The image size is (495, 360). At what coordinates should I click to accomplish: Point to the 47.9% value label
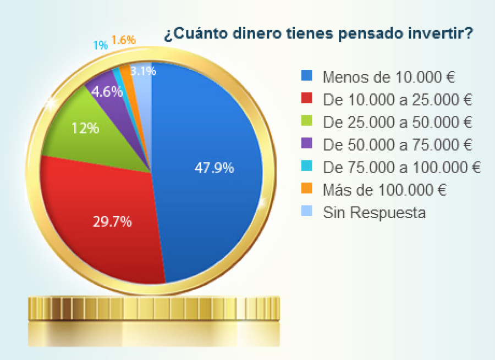tap(215, 168)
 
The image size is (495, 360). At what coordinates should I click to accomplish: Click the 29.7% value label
tap(112, 222)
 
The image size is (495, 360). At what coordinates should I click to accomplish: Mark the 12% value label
tap(85, 129)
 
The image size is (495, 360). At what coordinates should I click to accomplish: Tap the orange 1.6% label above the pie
tap(123, 40)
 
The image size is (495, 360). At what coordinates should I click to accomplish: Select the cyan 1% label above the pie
tap(100, 46)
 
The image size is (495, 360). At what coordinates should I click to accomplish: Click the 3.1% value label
tap(144, 71)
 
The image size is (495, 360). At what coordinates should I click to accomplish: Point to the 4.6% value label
tap(107, 92)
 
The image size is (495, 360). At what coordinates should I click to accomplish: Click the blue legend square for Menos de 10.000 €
tap(306, 76)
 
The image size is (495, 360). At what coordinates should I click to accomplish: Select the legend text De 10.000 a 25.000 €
tap(398, 99)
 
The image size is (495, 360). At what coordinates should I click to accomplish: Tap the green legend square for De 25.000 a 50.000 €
tap(306, 121)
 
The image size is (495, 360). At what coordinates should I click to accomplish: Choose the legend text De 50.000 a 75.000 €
tap(398, 145)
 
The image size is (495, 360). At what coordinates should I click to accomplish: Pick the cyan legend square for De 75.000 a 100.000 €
tap(306, 167)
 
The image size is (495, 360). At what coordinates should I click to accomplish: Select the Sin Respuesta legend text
tap(375, 212)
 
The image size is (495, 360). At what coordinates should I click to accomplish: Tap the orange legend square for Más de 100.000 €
tap(306, 189)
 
